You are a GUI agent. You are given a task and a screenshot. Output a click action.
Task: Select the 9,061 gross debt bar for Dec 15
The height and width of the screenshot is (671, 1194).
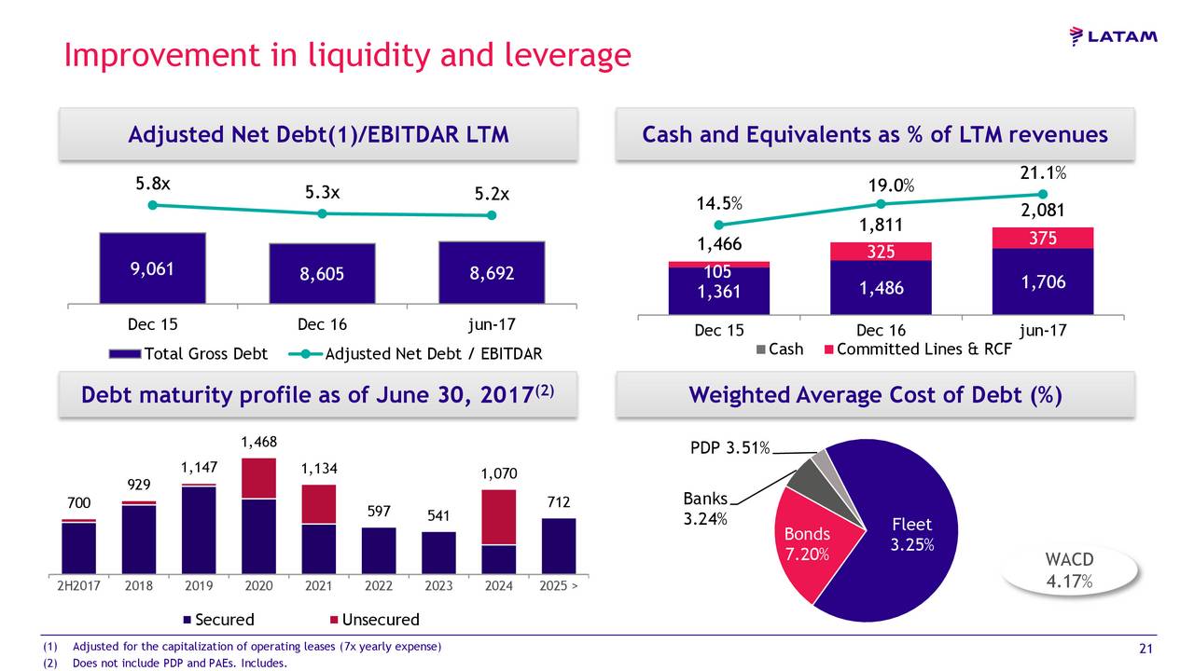click(x=152, y=268)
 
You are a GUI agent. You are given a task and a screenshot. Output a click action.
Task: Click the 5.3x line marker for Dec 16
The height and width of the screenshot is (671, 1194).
click(x=322, y=213)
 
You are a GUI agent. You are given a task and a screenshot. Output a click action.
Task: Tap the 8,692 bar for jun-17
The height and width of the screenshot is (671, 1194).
click(x=492, y=273)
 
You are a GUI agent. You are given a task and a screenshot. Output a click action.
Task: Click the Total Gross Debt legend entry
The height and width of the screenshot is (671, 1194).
click(x=189, y=354)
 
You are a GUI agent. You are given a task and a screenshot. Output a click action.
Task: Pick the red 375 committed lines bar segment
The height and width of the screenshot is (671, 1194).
click(x=1043, y=239)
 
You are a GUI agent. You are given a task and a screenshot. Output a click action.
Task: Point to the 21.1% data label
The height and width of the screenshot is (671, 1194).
click(x=1043, y=173)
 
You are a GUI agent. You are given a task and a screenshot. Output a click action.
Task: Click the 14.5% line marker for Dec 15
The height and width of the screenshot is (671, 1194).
click(x=718, y=225)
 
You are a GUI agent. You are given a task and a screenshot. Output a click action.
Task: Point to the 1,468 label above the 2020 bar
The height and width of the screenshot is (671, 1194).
click(x=258, y=442)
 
